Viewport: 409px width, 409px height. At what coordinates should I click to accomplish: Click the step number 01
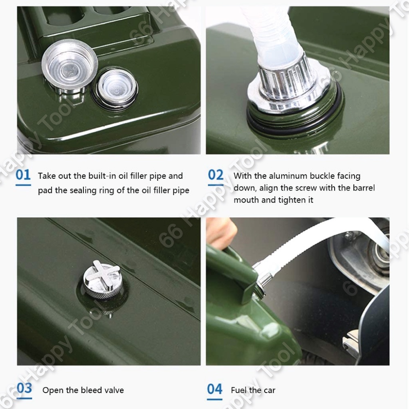(23, 175)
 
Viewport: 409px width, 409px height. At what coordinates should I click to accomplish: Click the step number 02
(216, 175)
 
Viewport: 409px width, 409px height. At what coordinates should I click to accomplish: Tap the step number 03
(24, 388)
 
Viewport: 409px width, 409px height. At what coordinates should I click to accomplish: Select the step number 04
(215, 389)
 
